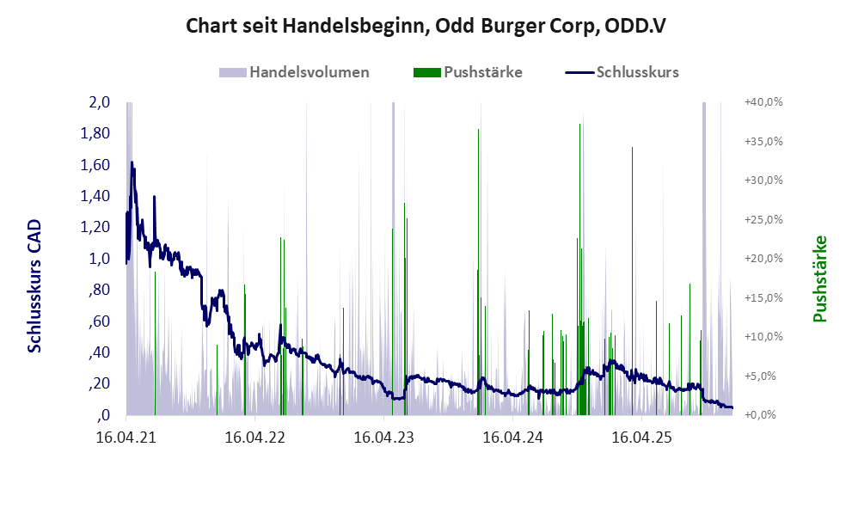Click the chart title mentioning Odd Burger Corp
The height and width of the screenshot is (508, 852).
pos(426,26)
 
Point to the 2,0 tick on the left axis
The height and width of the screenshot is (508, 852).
pos(100,102)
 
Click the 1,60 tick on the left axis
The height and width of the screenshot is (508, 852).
pos(95,165)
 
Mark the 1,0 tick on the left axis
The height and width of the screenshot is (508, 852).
pos(100,259)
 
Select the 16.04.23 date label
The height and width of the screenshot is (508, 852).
pos(383,437)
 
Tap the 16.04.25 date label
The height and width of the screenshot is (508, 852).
pos(641,437)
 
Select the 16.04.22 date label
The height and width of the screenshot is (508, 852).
pos(254,437)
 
